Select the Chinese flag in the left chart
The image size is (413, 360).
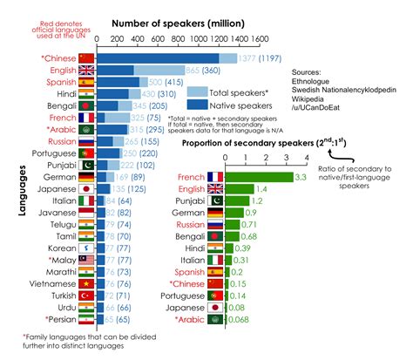(x=85, y=57)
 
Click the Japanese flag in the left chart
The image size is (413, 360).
(x=85, y=187)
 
